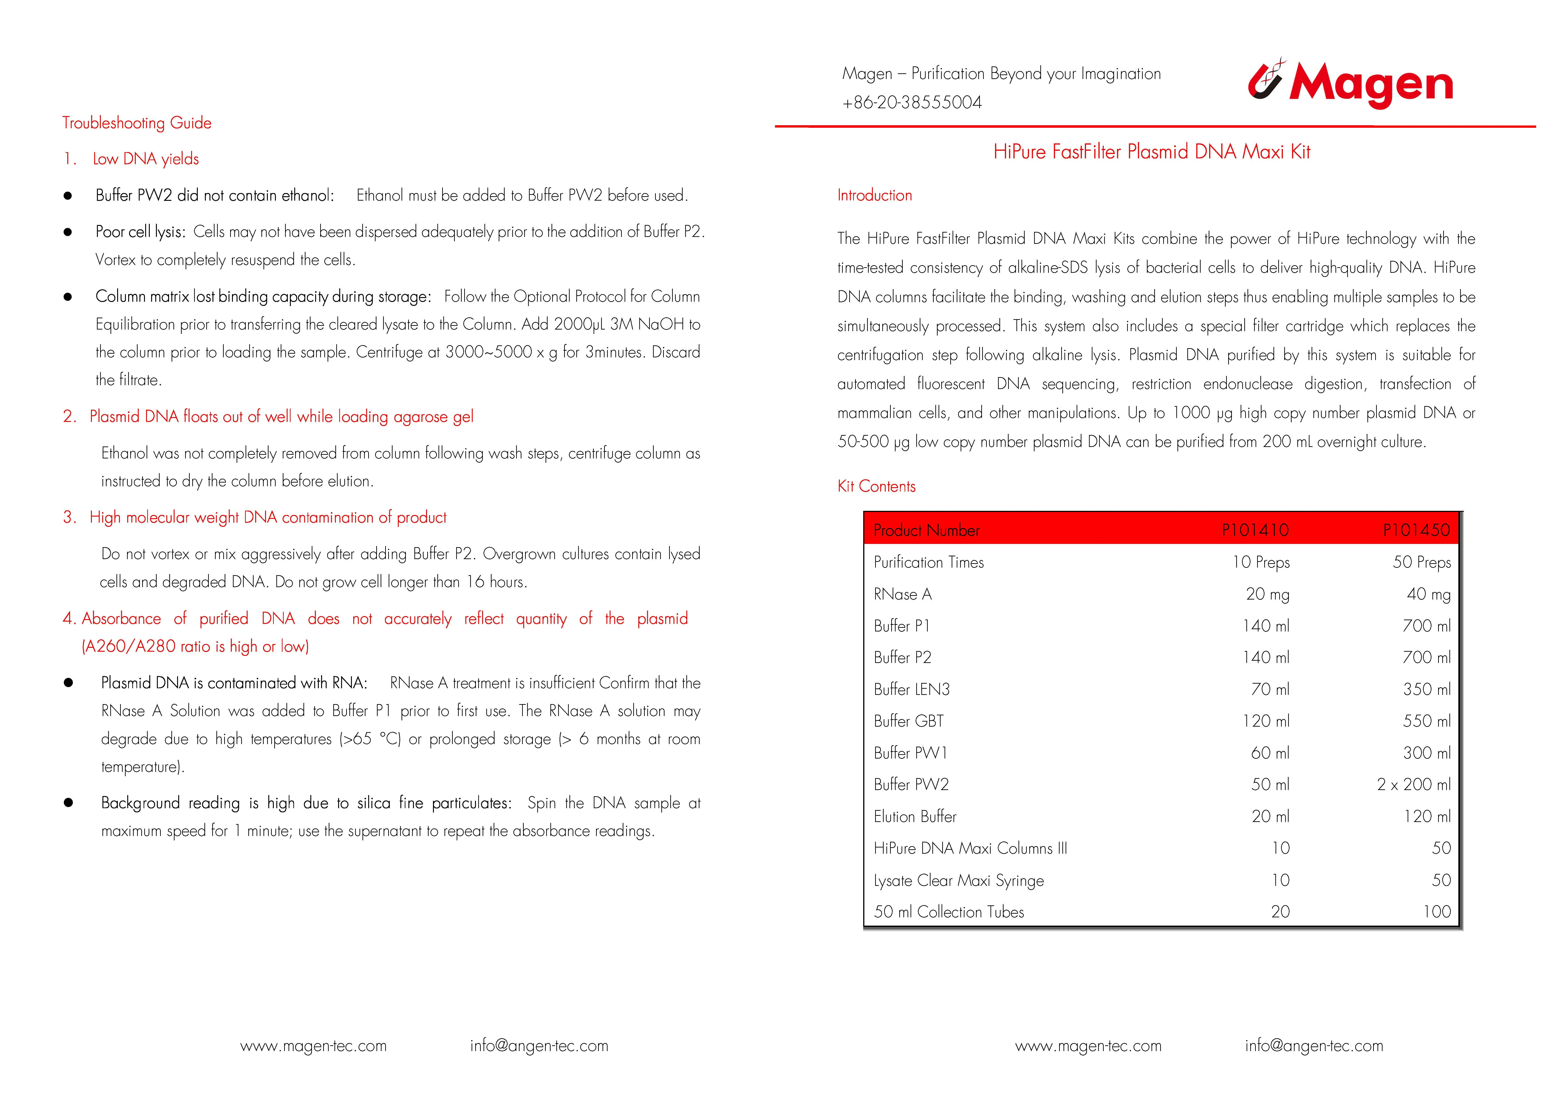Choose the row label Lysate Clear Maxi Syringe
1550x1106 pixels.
(959, 881)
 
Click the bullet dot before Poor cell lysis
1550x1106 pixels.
(67, 232)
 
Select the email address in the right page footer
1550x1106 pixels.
(1314, 1046)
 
